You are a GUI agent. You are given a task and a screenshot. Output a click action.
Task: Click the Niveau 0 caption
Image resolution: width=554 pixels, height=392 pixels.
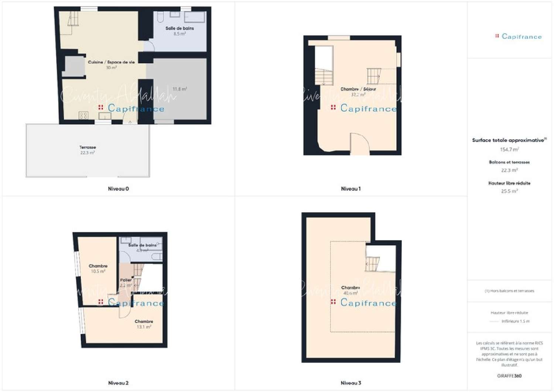(118, 189)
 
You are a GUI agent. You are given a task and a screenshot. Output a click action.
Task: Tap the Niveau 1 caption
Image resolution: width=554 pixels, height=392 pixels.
(350, 189)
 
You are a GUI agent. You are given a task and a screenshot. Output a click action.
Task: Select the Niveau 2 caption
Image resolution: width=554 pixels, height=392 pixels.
(118, 383)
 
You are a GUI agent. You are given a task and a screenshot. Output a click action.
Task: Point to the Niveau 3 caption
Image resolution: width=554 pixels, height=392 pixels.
(350, 383)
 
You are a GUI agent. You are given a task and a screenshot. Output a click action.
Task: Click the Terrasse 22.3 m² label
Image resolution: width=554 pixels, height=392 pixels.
(88, 150)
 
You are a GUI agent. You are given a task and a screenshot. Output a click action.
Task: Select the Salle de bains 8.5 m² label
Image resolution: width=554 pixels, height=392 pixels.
(179, 31)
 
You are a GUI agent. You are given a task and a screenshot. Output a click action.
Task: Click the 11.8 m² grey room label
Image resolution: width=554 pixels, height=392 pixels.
(179, 89)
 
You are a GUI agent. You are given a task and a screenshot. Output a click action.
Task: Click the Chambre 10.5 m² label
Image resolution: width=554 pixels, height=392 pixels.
(98, 269)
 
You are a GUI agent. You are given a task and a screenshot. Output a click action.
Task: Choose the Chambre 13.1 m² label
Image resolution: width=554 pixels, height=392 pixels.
(144, 324)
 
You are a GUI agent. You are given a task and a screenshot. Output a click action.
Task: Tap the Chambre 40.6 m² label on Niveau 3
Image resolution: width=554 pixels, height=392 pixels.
(350, 290)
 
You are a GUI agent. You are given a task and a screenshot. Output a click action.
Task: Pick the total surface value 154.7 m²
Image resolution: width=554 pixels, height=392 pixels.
(509, 150)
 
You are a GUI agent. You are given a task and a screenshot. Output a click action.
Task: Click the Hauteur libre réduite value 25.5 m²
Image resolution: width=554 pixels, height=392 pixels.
(509, 191)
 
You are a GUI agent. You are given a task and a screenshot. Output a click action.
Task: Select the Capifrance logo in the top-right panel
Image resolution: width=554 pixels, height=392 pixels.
(519, 36)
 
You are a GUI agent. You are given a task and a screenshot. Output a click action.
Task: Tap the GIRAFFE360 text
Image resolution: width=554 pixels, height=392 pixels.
(509, 376)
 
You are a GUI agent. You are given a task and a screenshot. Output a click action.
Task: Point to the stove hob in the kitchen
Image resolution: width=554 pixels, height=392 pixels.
(83, 116)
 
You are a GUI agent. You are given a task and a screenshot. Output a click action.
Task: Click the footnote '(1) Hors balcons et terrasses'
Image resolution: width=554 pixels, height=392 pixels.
(509, 291)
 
